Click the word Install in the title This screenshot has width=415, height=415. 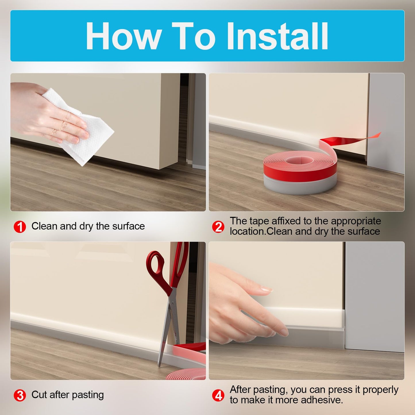277,36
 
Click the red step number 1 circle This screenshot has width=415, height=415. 20,227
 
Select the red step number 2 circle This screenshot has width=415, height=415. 218,227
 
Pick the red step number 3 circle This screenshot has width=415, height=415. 20,395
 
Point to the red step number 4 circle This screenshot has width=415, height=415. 218,395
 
